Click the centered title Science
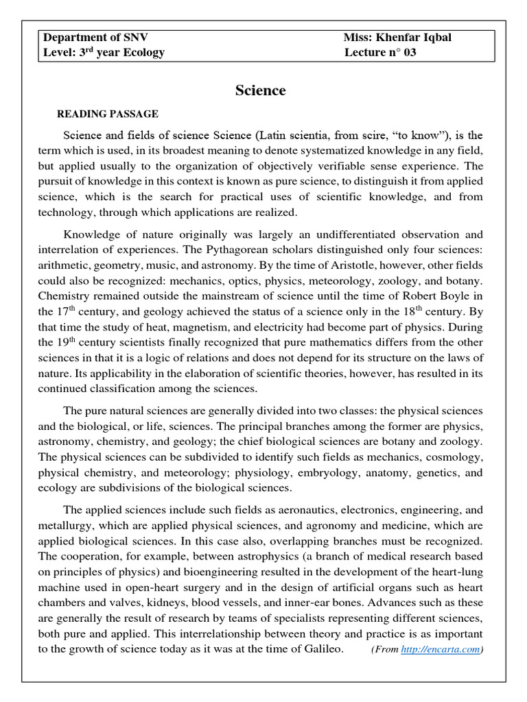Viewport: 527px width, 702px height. click(x=261, y=90)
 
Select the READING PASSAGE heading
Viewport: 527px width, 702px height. click(x=107, y=114)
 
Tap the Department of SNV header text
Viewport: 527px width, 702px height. click(x=95, y=38)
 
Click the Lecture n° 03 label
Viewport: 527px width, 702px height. click(x=380, y=53)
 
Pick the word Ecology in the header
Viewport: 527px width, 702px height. click(x=141, y=53)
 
